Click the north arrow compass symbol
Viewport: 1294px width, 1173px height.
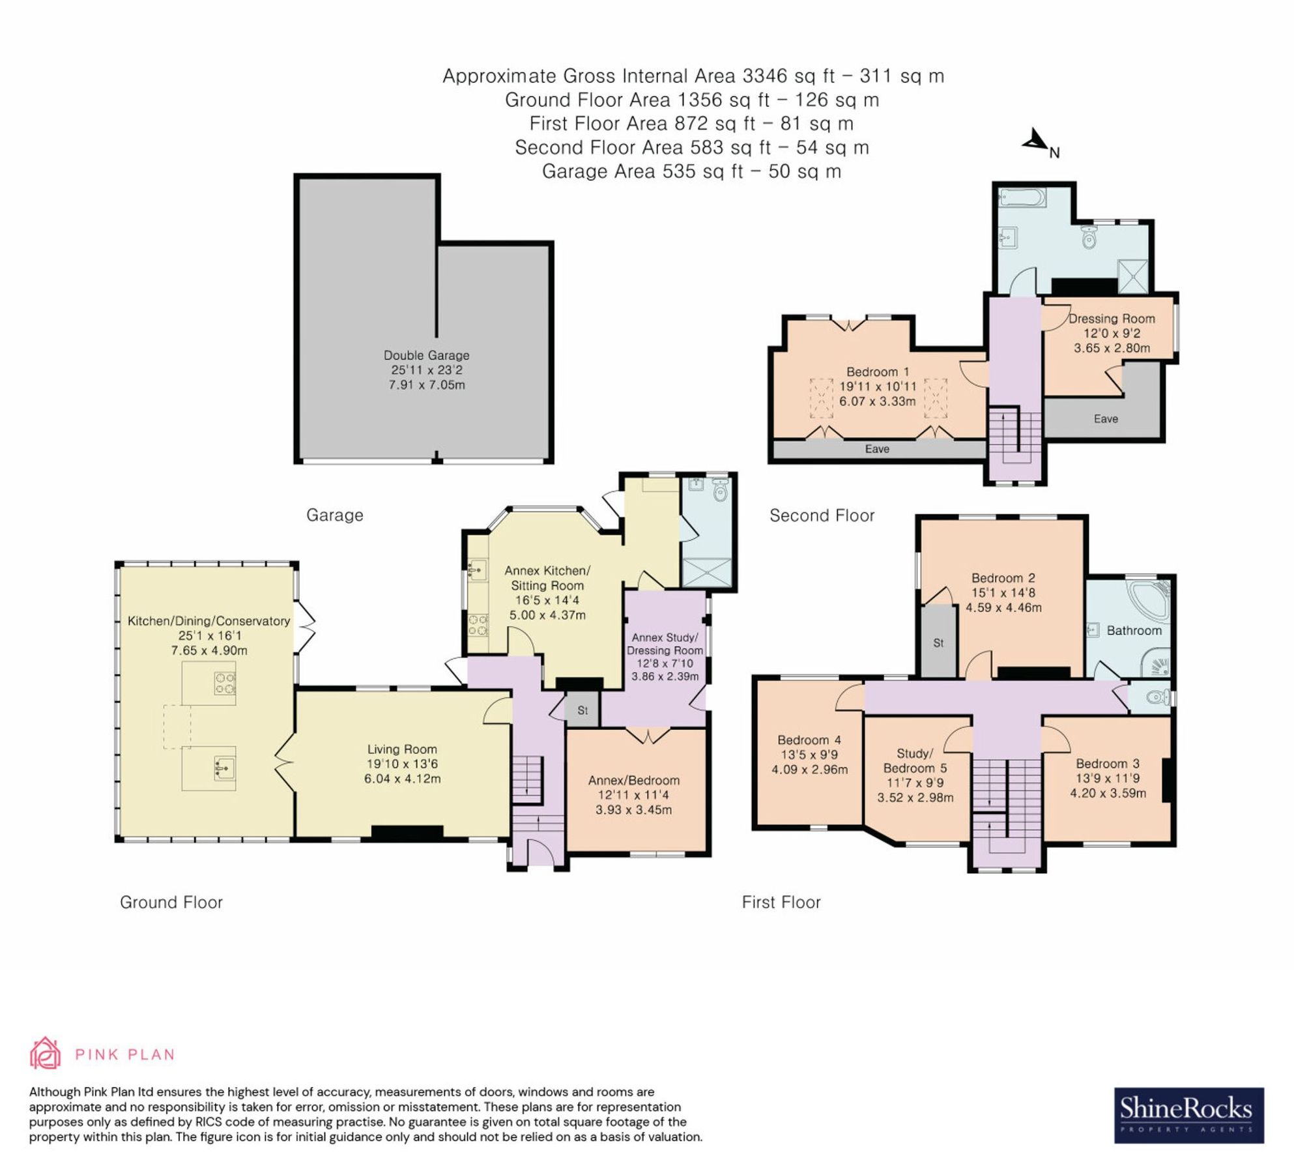pos(1035,141)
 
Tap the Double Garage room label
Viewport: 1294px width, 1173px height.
pos(426,355)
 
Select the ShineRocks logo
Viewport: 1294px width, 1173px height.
pos(1188,1115)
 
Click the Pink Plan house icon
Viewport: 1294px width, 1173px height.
pos(45,1053)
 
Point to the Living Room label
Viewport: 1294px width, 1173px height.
pos(401,749)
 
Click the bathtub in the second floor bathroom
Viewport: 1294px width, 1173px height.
pos(1022,196)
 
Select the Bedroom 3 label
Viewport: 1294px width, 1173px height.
pos(1107,763)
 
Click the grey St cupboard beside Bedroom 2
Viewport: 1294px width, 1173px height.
pos(938,642)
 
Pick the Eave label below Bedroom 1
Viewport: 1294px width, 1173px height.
pos(876,449)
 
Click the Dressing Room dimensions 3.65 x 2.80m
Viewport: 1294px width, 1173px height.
pos(1112,348)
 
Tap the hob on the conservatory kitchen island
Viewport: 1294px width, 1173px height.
pos(225,683)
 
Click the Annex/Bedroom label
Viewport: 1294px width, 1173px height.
pos(633,780)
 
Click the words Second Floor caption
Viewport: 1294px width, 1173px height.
pos(822,515)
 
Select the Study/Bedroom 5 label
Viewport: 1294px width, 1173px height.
pos(915,760)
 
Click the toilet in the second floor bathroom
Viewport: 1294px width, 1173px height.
pos(1089,239)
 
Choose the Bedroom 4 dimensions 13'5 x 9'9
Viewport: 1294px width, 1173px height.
pos(809,755)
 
